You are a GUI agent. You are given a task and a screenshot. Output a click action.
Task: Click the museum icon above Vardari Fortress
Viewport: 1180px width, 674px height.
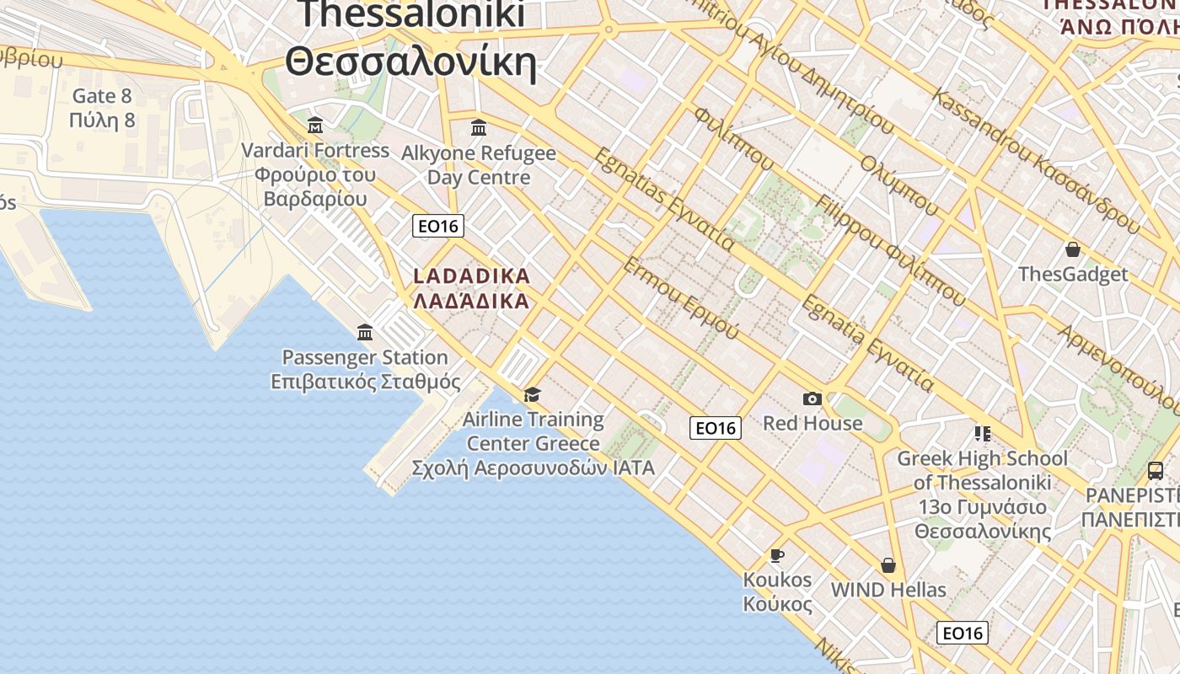click(315, 126)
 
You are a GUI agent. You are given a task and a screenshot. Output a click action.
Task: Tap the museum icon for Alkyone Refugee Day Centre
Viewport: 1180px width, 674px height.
click(479, 127)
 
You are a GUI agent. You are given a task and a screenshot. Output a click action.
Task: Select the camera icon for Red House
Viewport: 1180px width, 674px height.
click(813, 399)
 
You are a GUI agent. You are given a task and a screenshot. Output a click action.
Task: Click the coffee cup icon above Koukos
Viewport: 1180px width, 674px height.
click(776, 555)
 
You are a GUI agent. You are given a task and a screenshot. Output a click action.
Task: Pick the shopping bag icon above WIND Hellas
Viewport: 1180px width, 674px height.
click(888, 564)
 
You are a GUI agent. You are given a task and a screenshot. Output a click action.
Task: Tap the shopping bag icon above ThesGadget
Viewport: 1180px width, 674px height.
click(1073, 249)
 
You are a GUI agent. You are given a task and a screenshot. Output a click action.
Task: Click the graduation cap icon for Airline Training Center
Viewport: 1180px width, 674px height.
click(532, 394)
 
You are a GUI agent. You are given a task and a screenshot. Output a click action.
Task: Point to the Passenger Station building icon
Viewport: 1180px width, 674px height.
click(365, 332)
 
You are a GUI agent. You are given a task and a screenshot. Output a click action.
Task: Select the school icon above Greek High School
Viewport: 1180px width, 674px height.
click(982, 434)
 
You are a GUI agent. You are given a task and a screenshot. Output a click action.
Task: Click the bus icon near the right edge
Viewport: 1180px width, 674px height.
click(1156, 471)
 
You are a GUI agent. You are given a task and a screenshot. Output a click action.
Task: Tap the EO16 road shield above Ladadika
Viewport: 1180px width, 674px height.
click(438, 226)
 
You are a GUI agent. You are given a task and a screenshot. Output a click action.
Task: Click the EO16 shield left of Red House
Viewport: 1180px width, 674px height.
click(716, 428)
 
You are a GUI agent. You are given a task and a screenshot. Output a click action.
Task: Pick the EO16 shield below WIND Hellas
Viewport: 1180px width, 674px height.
click(963, 633)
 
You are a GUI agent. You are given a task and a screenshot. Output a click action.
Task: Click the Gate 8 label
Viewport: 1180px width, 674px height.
click(103, 96)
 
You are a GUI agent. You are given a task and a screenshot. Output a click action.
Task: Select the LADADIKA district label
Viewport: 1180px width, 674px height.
click(471, 276)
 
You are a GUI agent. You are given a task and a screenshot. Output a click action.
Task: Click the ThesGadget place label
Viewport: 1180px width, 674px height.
click(1073, 275)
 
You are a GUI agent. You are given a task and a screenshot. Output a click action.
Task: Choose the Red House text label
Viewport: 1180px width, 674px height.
click(813, 423)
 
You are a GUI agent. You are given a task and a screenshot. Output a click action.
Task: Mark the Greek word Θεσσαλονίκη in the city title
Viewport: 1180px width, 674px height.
click(410, 62)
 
